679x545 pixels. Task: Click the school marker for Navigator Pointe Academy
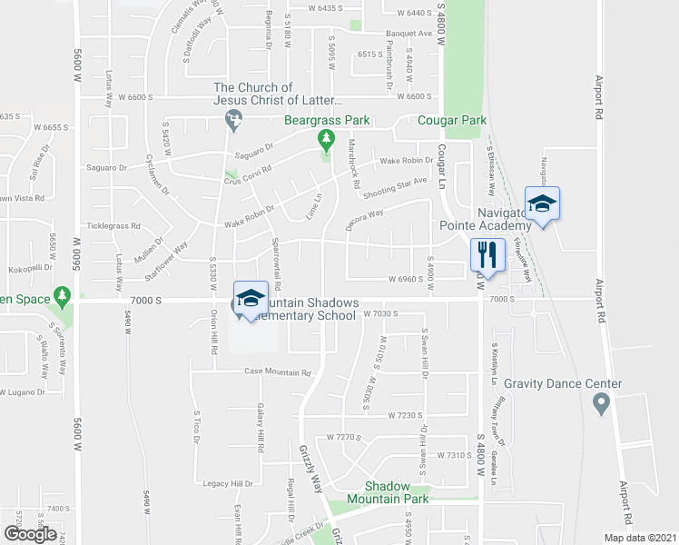(x=542, y=203)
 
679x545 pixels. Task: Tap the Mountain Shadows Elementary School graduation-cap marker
(x=251, y=299)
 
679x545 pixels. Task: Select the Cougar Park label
(x=452, y=121)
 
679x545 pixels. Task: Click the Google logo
(x=30, y=534)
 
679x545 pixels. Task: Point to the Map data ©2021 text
(x=640, y=538)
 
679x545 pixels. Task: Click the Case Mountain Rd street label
(x=278, y=372)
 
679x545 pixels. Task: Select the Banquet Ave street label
(x=408, y=34)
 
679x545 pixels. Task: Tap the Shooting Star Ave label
(x=394, y=187)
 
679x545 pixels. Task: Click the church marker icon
(x=233, y=116)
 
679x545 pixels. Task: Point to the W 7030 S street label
(x=381, y=313)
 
